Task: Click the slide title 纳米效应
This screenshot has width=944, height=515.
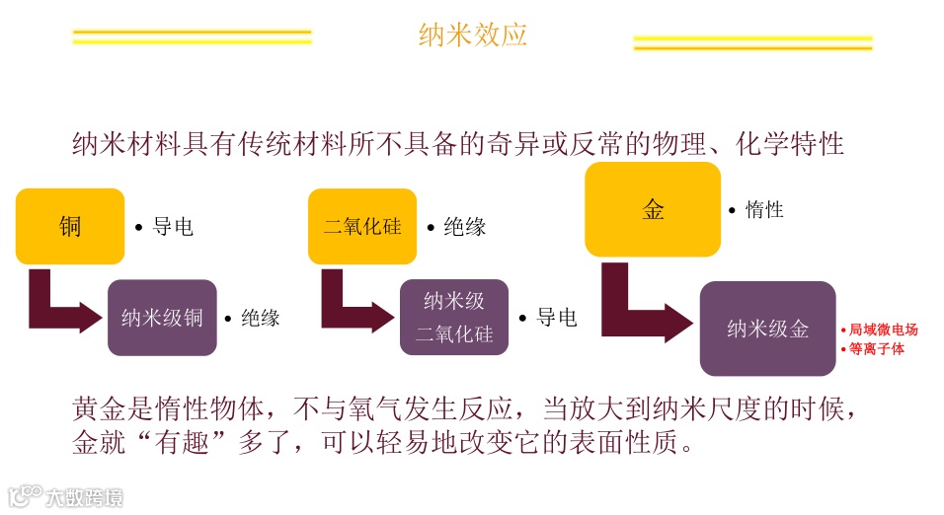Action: (472, 35)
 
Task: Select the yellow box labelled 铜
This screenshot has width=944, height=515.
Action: (70, 227)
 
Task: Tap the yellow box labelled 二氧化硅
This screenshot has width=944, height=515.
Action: (362, 227)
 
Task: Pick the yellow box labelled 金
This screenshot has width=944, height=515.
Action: (653, 209)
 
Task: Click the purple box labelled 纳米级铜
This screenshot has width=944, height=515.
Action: (162, 318)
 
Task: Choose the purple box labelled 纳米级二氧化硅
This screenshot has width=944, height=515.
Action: (453, 318)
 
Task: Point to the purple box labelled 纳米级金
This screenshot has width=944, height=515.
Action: (767, 329)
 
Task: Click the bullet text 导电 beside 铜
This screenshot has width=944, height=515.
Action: (173, 227)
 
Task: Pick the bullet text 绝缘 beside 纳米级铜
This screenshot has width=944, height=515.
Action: (260, 318)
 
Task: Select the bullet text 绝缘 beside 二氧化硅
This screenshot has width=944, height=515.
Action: (464, 227)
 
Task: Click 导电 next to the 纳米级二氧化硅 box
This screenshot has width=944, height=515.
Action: (556, 318)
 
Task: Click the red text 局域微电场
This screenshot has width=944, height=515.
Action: (883, 330)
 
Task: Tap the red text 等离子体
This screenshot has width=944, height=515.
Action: (876, 348)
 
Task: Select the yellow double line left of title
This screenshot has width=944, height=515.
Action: (192, 37)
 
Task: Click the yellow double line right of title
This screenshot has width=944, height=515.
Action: (752, 43)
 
